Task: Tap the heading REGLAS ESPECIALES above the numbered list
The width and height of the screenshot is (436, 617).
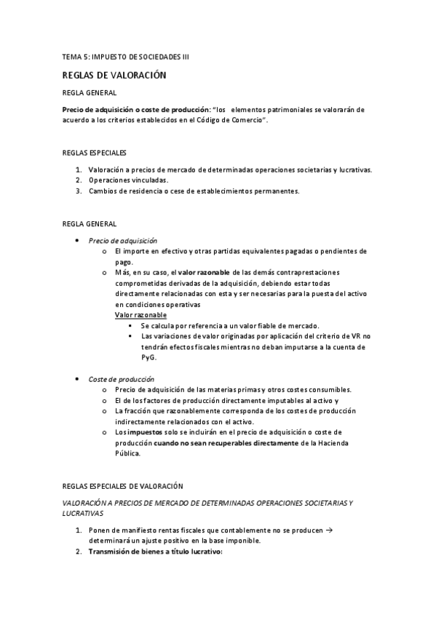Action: pyautogui.click(x=95, y=153)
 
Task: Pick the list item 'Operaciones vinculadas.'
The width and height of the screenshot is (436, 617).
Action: pyautogui.click(x=128, y=180)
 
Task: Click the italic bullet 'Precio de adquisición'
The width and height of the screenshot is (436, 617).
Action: pyautogui.click(x=122, y=240)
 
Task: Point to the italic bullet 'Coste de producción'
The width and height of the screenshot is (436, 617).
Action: pyautogui.click(x=121, y=379)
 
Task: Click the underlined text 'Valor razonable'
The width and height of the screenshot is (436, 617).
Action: pyautogui.click(x=140, y=314)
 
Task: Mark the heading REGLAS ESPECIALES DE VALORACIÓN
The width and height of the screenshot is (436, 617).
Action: pyautogui.click(x=123, y=485)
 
